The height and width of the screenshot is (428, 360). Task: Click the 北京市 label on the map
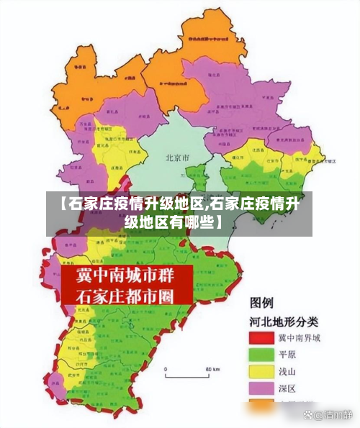pyautogui.click(x=177, y=157)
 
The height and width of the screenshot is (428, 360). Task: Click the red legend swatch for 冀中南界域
pyautogui.click(x=264, y=337)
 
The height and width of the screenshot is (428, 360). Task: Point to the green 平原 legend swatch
pyautogui.click(x=264, y=355)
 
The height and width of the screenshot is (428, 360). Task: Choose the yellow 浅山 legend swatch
pyautogui.click(x=264, y=372)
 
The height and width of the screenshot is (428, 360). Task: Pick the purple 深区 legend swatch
pyautogui.click(x=264, y=389)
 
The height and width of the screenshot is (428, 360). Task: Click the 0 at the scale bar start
pyautogui.click(x=166, y=369)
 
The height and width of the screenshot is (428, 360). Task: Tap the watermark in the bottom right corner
pyautogui.click(x=328, y=415)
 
